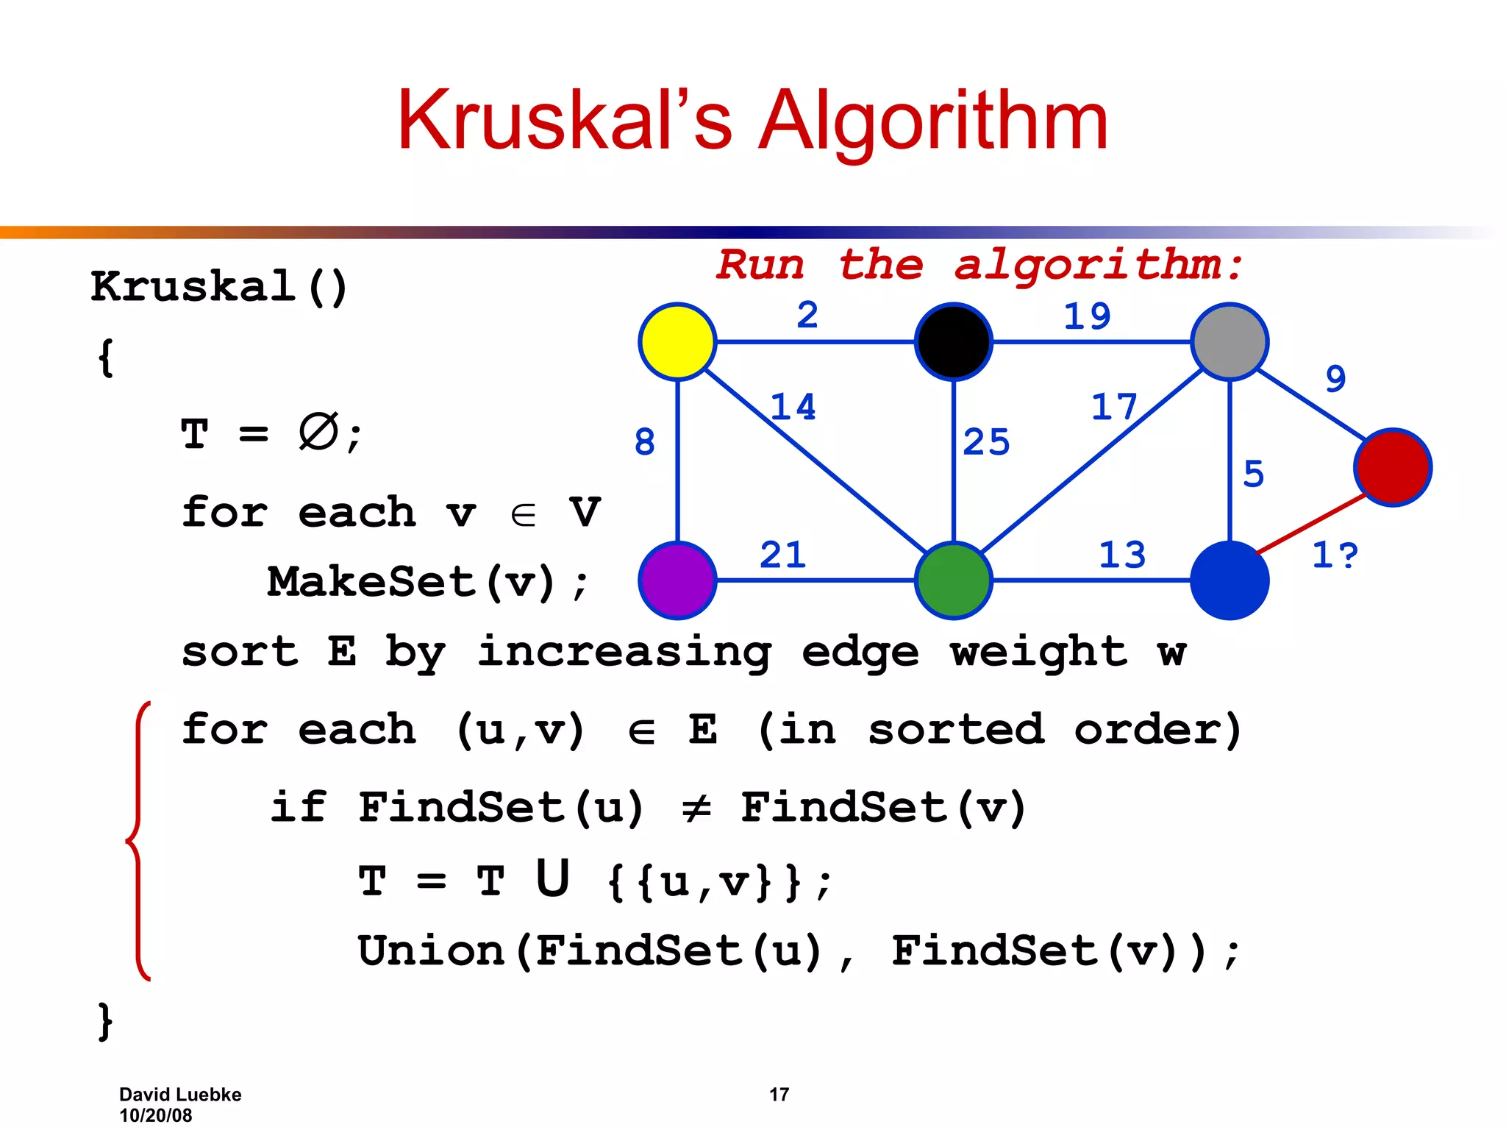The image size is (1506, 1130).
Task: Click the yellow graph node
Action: tap(677, 341)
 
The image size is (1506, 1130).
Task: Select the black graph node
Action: tap(953, 341)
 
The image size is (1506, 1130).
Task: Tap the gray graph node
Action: tap(1230, 341)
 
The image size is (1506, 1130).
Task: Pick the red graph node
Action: tap(1393, 467)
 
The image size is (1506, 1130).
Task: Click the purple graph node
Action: tap(677, 580)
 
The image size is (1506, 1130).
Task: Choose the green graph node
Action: tap(953, 580)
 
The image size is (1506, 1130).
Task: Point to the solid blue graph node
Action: tap(1230, 580)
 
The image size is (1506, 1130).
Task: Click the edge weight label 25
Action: tap(986, 442)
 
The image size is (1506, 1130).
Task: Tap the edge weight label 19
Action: tap(1087, 316)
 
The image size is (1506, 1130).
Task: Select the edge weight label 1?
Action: tap(1335, 555)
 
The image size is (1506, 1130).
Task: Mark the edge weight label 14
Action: tap(793, 407)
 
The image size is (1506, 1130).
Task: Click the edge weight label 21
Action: tap(782, 555)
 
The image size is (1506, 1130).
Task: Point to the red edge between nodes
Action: tap(1311, 524)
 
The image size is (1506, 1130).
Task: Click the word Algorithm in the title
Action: tap(932, 121)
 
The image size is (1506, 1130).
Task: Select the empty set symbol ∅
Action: tap(318, 432)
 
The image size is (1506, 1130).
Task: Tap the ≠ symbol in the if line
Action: tap(696, 809)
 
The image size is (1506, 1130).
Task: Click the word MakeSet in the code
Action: tap(371, 582)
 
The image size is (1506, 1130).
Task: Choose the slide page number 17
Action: tap(779, 1095)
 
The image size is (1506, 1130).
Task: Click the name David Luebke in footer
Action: tap(180, 1095)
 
